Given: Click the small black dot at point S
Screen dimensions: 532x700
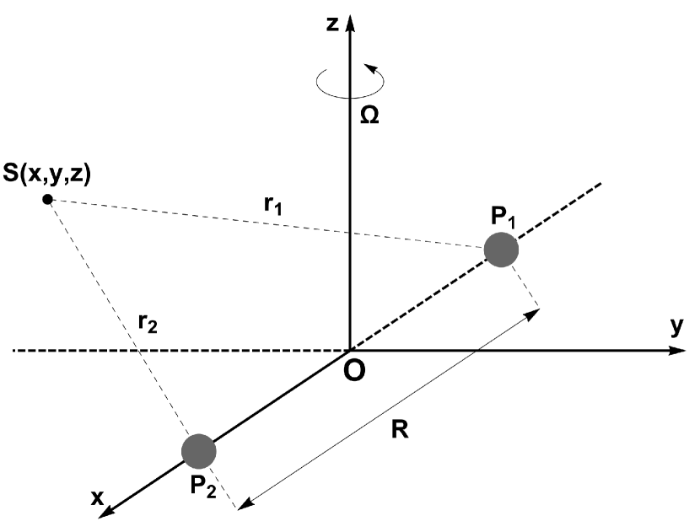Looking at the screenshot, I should [x=48, y=199].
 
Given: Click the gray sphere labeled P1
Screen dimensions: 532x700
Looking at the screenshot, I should [x=501, y=250].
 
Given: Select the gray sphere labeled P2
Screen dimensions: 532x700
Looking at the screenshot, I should [x=199, y=451].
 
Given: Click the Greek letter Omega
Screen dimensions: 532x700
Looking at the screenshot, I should [x=369, y=116].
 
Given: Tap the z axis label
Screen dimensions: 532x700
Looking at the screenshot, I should [x=334, y=23].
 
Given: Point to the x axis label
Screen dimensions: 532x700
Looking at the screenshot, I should [x=98, y=498].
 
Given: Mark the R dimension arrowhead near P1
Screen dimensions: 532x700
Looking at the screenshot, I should [x=533, y=314].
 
